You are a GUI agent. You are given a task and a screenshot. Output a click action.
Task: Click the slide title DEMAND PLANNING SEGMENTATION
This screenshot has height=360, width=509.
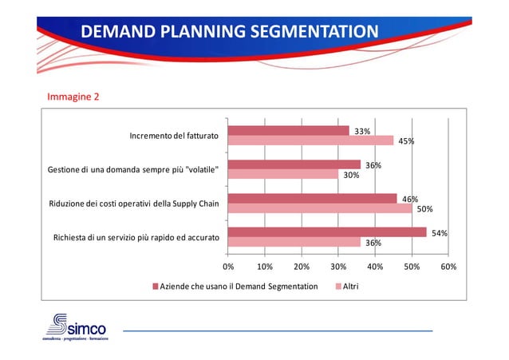(229, 32)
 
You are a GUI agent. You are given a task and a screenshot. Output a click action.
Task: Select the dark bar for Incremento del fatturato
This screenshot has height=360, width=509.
(288, 131)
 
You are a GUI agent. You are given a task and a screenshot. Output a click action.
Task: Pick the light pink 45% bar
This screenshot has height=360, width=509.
(310, 141)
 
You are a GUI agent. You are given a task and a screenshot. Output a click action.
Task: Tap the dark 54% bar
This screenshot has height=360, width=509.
(327, 232)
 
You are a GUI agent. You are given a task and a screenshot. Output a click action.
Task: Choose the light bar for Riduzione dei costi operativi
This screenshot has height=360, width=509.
(319, 209)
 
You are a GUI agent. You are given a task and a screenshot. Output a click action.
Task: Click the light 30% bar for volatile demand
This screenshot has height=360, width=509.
(282, 175)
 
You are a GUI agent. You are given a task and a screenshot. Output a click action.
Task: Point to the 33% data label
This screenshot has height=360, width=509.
(361, 131)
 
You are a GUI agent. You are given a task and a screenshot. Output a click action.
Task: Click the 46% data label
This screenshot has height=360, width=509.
(409, 199)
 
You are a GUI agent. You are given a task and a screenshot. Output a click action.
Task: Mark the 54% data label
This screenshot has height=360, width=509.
(439, 233)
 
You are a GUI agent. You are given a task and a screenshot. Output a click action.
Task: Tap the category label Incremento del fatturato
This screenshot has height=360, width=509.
(174, 136)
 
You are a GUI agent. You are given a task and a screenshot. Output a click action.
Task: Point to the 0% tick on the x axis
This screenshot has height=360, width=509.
(228, 267)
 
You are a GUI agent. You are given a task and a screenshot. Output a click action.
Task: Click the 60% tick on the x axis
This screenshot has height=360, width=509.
(448, 267)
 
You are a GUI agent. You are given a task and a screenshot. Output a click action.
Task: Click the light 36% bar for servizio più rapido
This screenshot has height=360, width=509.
(282, 243)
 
